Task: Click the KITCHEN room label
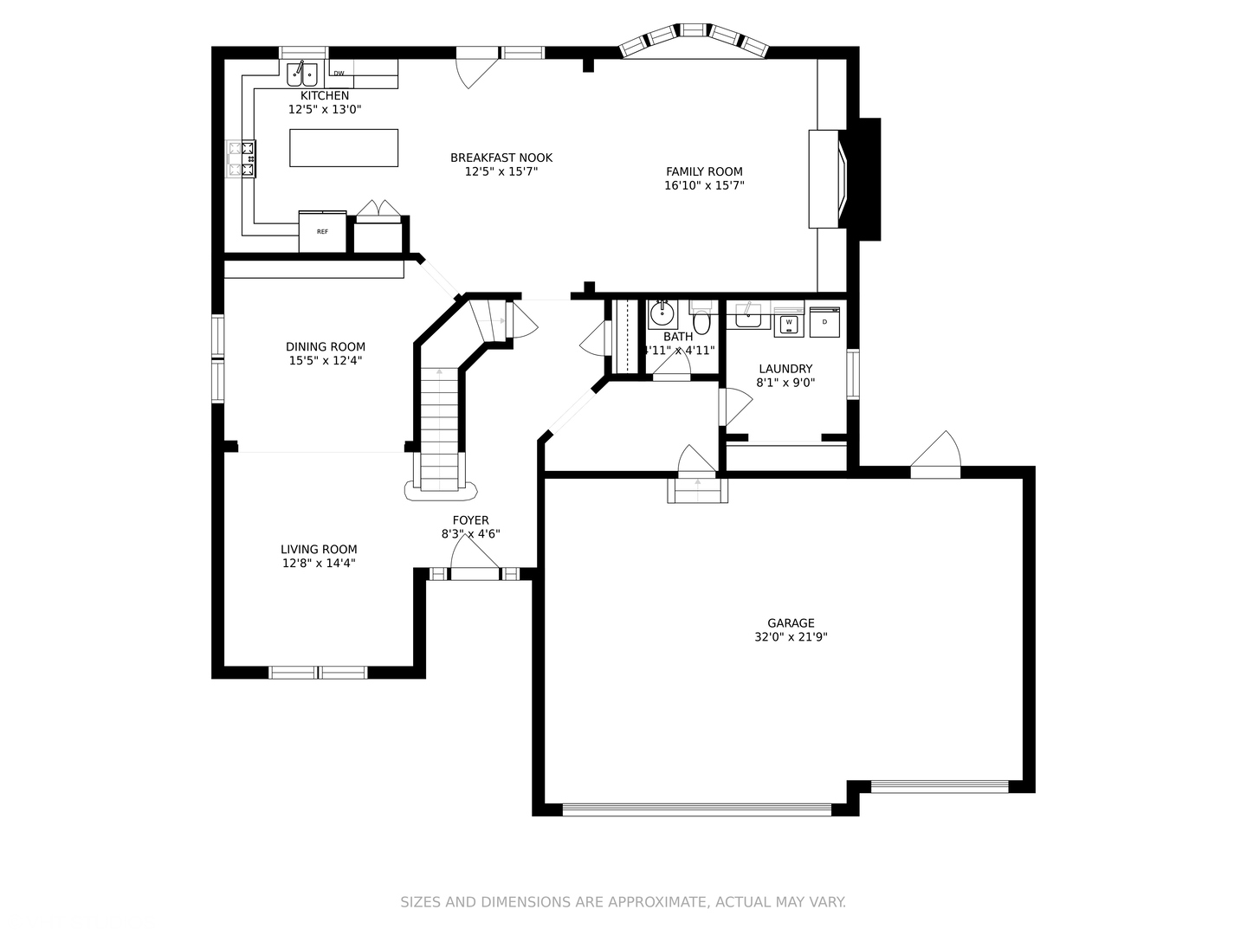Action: [325, 95]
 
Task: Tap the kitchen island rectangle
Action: [344, 147]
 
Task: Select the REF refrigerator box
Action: [322, 232]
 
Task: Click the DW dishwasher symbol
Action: [339, 74]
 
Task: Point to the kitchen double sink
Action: [302, 74]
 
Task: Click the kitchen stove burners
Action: [242, 159]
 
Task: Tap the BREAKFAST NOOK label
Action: [501, 158]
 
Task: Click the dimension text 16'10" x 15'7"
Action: [704, 185]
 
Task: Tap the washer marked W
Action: [788, 323]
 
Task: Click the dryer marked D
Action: [824, 321]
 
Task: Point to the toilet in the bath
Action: [701, 321]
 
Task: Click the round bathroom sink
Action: [662, 314]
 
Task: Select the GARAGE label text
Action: [791, 622]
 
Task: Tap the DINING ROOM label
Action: [326, 346]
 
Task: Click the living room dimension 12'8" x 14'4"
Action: [319, 563]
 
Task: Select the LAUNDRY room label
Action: [785, 368]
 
